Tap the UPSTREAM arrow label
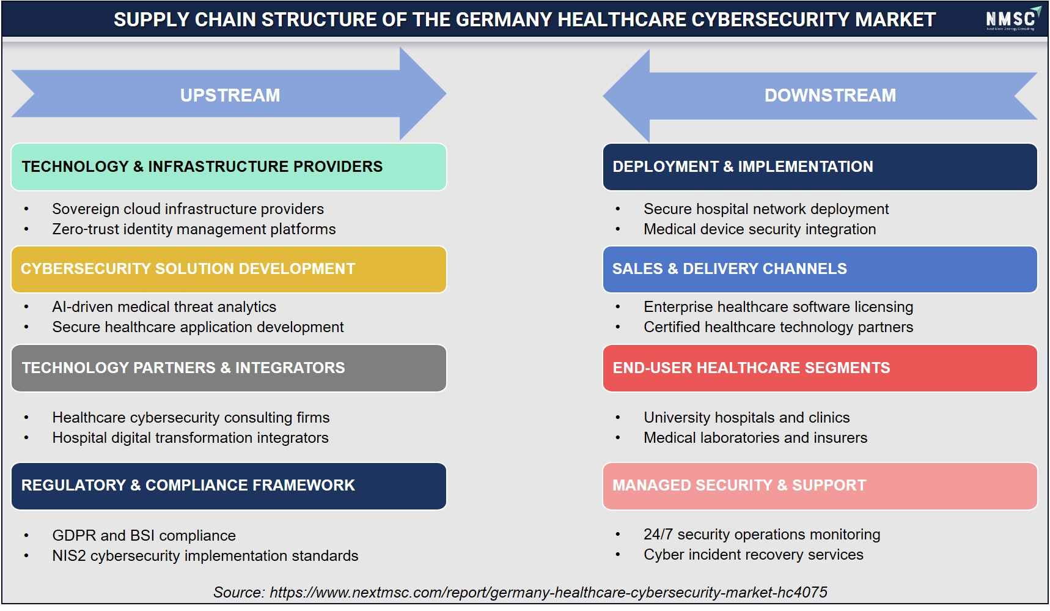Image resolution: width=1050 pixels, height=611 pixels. (x=230, y=95)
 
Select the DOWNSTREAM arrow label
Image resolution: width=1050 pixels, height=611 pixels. (x=830, y=95)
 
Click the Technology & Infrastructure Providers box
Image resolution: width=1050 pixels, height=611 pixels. (x=229, y=166)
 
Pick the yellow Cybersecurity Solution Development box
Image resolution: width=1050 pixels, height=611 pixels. (x=229, y=269)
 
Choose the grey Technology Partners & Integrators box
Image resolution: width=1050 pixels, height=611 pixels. (x=229, y=368)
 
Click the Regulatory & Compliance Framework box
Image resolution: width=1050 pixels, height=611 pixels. (x=229, y=486)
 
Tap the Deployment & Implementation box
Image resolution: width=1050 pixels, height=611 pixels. (x=820, y=166)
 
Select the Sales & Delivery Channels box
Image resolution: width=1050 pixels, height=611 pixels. (x=820, y=269)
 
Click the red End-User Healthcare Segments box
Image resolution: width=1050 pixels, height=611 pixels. (x=820, y=368)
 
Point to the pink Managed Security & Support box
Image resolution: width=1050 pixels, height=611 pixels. (x=820, y=486)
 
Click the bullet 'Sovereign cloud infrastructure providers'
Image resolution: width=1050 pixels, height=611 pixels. (x=188, y=209)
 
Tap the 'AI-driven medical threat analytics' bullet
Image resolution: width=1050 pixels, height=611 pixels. (x=164, y=307)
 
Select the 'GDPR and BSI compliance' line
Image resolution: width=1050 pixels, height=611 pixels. (x=144, y=536)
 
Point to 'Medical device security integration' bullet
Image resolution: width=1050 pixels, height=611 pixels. (x=760, y=229)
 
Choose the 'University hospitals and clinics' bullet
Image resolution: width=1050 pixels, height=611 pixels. (x=746, y=418)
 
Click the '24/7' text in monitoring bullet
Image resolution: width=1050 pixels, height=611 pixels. (x=658, y=535)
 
